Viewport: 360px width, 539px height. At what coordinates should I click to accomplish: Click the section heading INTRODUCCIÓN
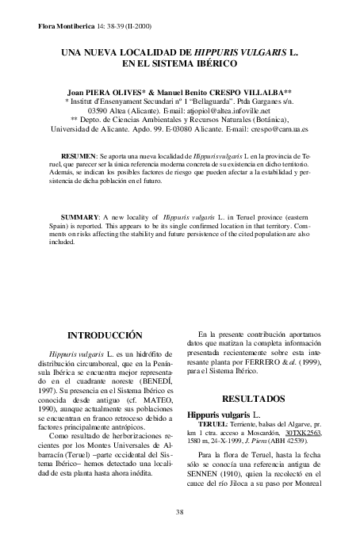coord(105,335)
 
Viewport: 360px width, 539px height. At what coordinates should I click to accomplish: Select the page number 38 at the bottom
coord(179,511)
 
